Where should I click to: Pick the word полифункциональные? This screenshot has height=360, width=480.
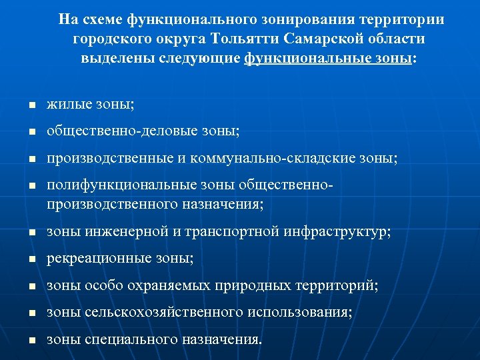pos(122,187)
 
